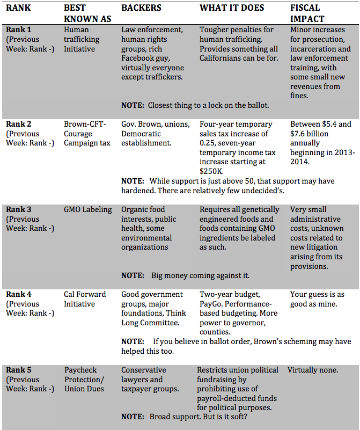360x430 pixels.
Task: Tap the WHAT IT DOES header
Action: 232,9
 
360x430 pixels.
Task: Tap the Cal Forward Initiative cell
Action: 85,299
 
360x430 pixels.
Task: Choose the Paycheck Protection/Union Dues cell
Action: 85,379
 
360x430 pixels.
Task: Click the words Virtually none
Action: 313,370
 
